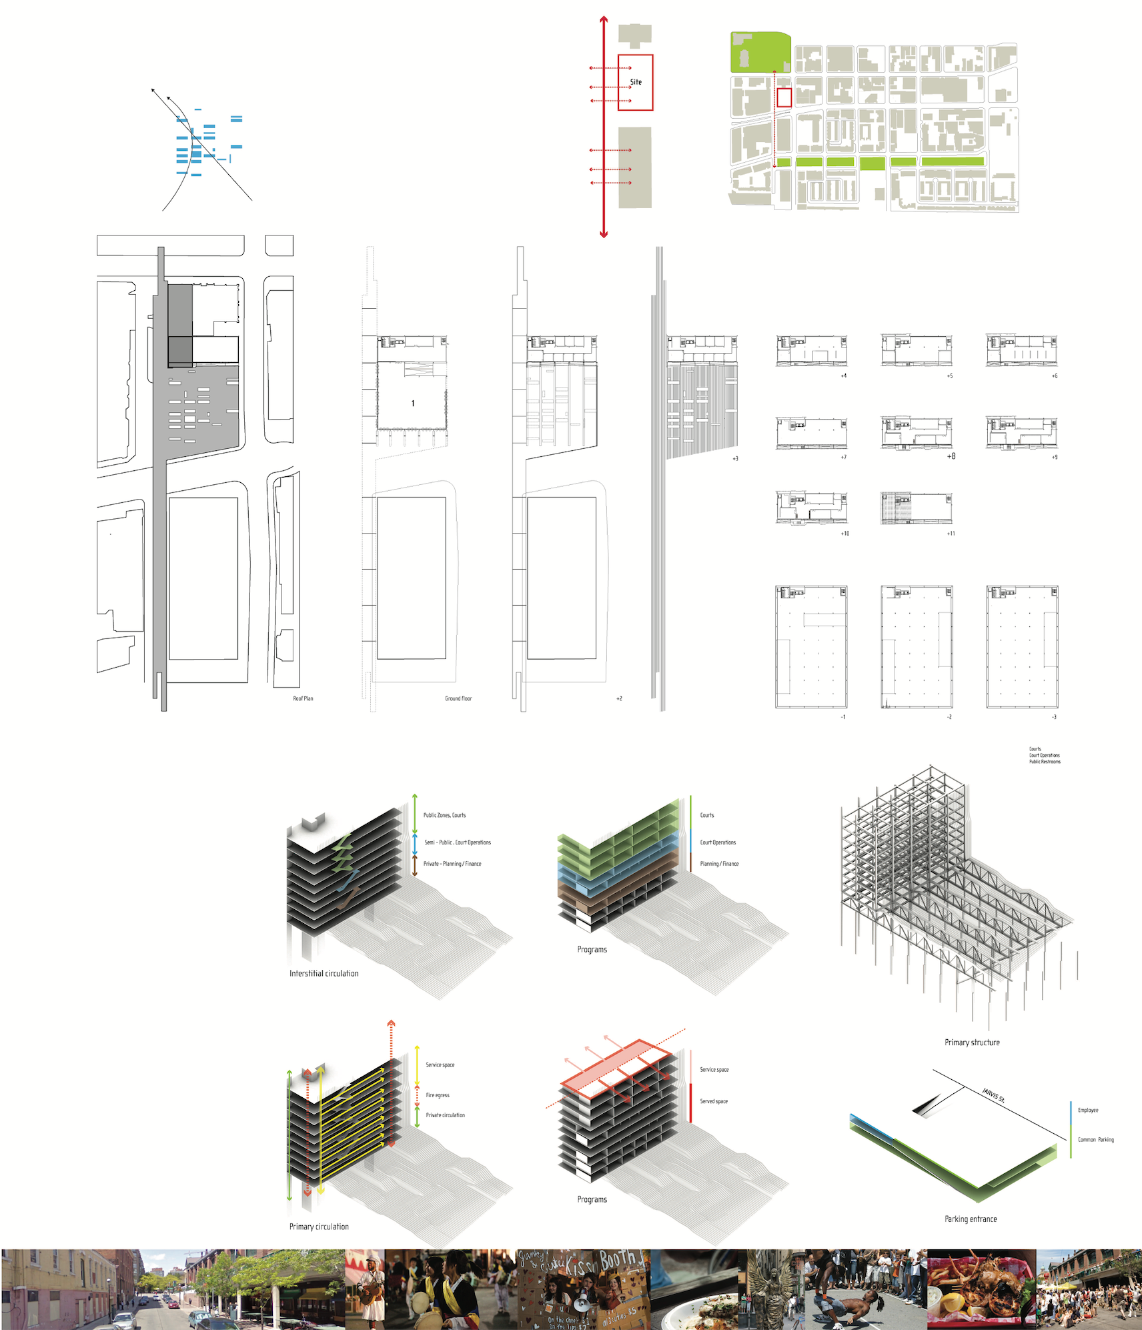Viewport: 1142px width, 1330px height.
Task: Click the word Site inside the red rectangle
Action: [636, 82]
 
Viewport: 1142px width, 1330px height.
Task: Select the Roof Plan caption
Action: [303, 698]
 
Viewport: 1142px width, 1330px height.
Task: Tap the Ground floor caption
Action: [458, 698]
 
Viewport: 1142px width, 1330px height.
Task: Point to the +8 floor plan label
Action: [951, 456]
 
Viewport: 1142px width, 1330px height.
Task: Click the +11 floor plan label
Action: [951, 534]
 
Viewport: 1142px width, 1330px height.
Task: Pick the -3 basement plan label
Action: [1054, 717]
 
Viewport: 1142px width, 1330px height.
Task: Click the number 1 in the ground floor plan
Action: [413, 404]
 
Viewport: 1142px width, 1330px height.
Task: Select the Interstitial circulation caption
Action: [324, 973]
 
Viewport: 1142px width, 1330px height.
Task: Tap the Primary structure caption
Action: [972, 1043]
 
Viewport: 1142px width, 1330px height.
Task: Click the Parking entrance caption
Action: [971, 1219]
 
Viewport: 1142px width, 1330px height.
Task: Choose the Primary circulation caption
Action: [319, 1227]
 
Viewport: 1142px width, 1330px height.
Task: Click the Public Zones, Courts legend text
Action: [444, 815]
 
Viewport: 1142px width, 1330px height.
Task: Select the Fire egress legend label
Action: [438, 1095]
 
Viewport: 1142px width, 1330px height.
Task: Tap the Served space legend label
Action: [714, 1101]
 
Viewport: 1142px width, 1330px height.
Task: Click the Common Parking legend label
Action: [1096, 1140]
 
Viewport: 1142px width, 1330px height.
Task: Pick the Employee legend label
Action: [1088, 1111]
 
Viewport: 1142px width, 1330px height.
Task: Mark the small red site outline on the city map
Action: [784, 97]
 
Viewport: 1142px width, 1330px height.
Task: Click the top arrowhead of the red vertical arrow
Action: [604, 20]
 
